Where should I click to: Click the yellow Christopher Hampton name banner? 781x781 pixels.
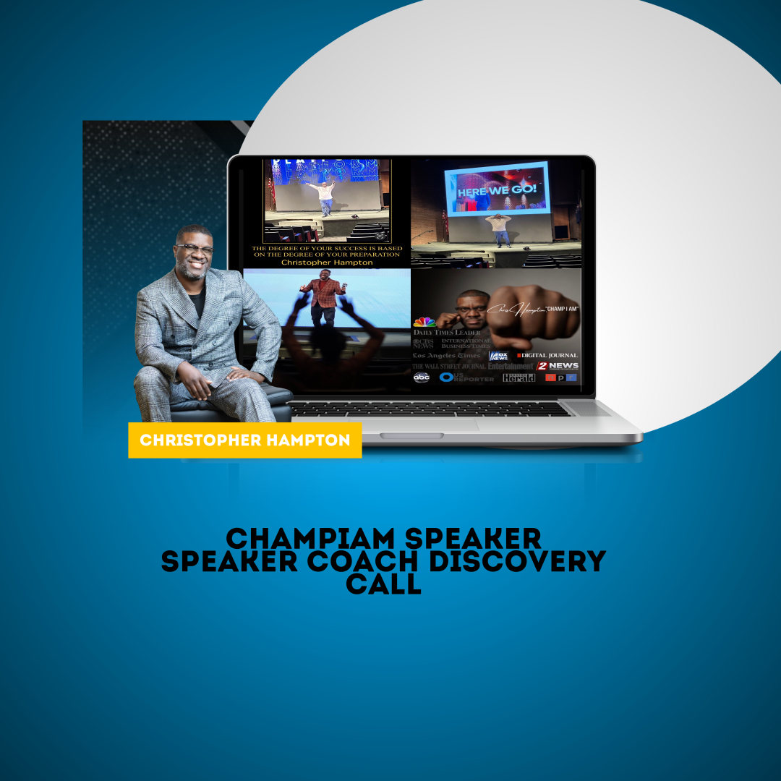[x=244, y=440]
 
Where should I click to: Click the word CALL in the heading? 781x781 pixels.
[x=383, y=584]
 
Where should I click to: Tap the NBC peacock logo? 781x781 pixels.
[x=424, y=322]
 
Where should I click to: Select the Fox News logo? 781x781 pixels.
[x=499, y=355]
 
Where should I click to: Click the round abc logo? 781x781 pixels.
[x=421, y=377]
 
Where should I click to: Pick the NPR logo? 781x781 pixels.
[x=561, y=377]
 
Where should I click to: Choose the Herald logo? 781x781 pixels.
[x=519, y=377]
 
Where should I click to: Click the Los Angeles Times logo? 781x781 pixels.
[x=446, y=355]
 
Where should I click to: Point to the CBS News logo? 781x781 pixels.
[x=424, y=343]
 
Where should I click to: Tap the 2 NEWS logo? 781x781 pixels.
[x=558, y=366]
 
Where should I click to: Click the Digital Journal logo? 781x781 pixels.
[x=547, y=355]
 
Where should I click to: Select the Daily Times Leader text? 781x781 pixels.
[x=446, y=332]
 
